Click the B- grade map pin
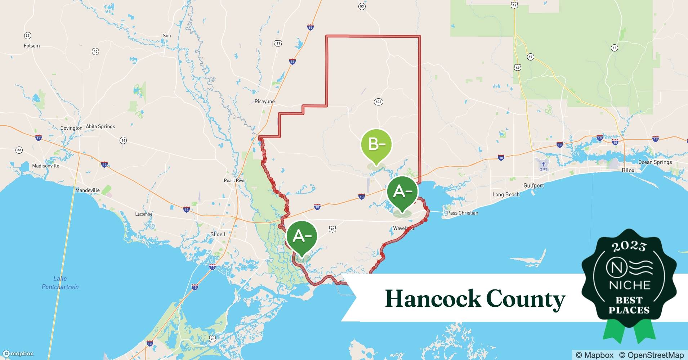(x=376, y=145)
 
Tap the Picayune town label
(x=264, y=102)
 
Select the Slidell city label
(x=218, y=234)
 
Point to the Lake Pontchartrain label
(x=60, y=283)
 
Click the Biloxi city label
(x=629, y=170)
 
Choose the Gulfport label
(x=533, y=185)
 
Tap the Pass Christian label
(x=463, y=213)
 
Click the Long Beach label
(x=506, y=194)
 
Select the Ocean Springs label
(x=655, y=162)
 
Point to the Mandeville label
(x=88, y=190)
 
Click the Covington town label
(x=71, y=128)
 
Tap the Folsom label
(x=32, y=46)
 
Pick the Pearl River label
(x=235, y=180)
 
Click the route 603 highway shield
(x=378, y=102)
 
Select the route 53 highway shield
(x=362, y=6)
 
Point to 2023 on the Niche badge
(x=629, y=246)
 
